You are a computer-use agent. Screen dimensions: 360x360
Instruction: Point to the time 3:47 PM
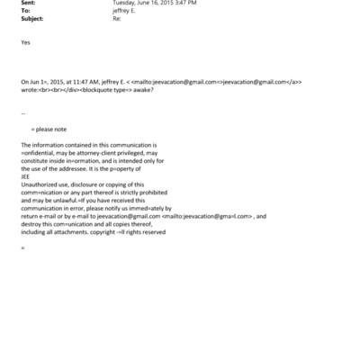pyautogui.click(x=184, y=3)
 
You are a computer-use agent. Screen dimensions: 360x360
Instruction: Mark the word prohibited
pyautogui.click(x=156, y=192)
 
